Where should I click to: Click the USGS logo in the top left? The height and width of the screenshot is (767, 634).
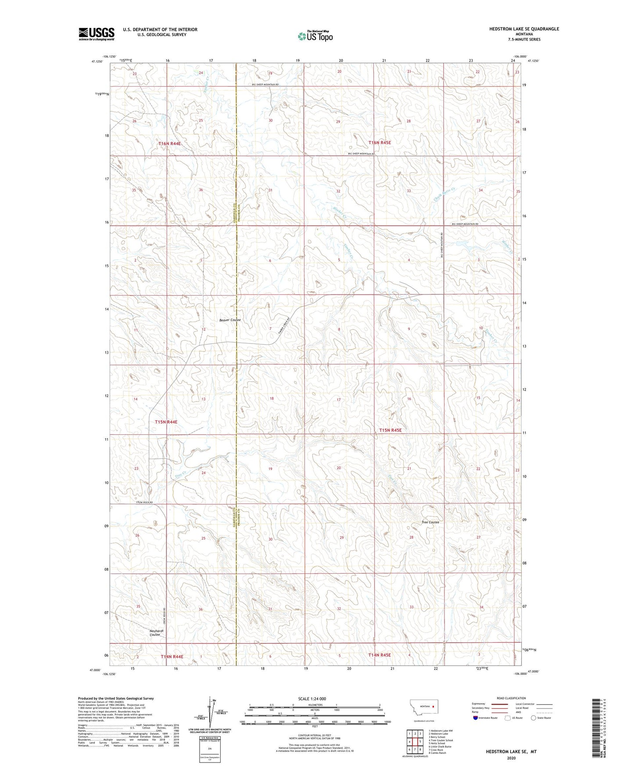pos(96,34)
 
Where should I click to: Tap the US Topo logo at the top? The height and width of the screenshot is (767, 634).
pos(315,36)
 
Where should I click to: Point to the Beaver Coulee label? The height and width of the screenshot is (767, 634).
pos(230,320)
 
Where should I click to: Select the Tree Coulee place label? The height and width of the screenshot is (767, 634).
pos(430,522)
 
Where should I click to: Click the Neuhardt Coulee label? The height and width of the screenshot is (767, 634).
pos(156,633)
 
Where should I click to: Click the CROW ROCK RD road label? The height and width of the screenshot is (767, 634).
pos(143,502)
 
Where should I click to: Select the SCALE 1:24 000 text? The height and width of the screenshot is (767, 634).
pos(312,698)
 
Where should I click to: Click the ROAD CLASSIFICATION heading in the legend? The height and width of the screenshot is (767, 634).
pos(511,698)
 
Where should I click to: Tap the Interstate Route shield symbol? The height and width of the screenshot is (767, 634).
pos(476,718)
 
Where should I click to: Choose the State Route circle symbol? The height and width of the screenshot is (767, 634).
pos(533,718)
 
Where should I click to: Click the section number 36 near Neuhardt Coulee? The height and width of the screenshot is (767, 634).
pos(201,609)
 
